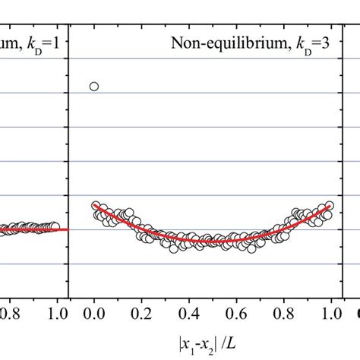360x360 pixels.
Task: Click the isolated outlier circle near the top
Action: [x=94, y=86]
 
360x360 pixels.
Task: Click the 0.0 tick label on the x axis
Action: [x=94, y=311]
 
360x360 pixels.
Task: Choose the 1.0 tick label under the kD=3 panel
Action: [x=331, y=311]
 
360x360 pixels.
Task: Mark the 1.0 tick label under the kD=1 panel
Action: [x=58, y=311]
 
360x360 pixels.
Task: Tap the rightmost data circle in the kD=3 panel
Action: [x=329, y=206]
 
